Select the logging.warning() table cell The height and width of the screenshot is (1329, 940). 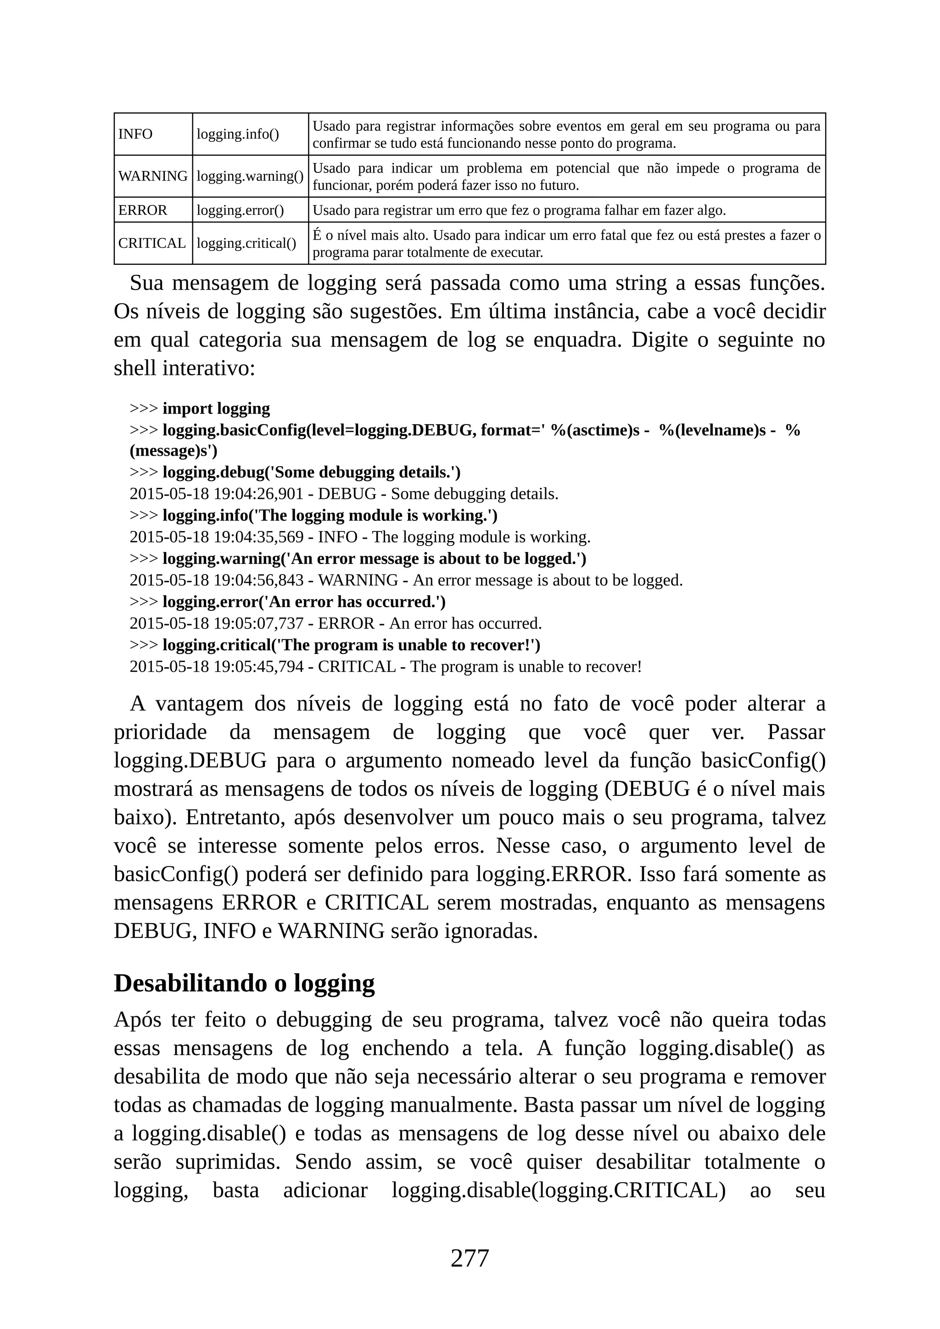pos(250,176)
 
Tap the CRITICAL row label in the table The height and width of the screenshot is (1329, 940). pos(151,243)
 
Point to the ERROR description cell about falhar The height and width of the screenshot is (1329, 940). pos(519,210)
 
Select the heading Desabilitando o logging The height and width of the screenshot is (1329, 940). pos(244,983)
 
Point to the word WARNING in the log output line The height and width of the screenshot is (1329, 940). pos(358,580)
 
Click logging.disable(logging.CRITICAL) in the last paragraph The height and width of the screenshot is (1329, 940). pos(558,1191)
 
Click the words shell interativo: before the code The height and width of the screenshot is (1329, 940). pos(184,368)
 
